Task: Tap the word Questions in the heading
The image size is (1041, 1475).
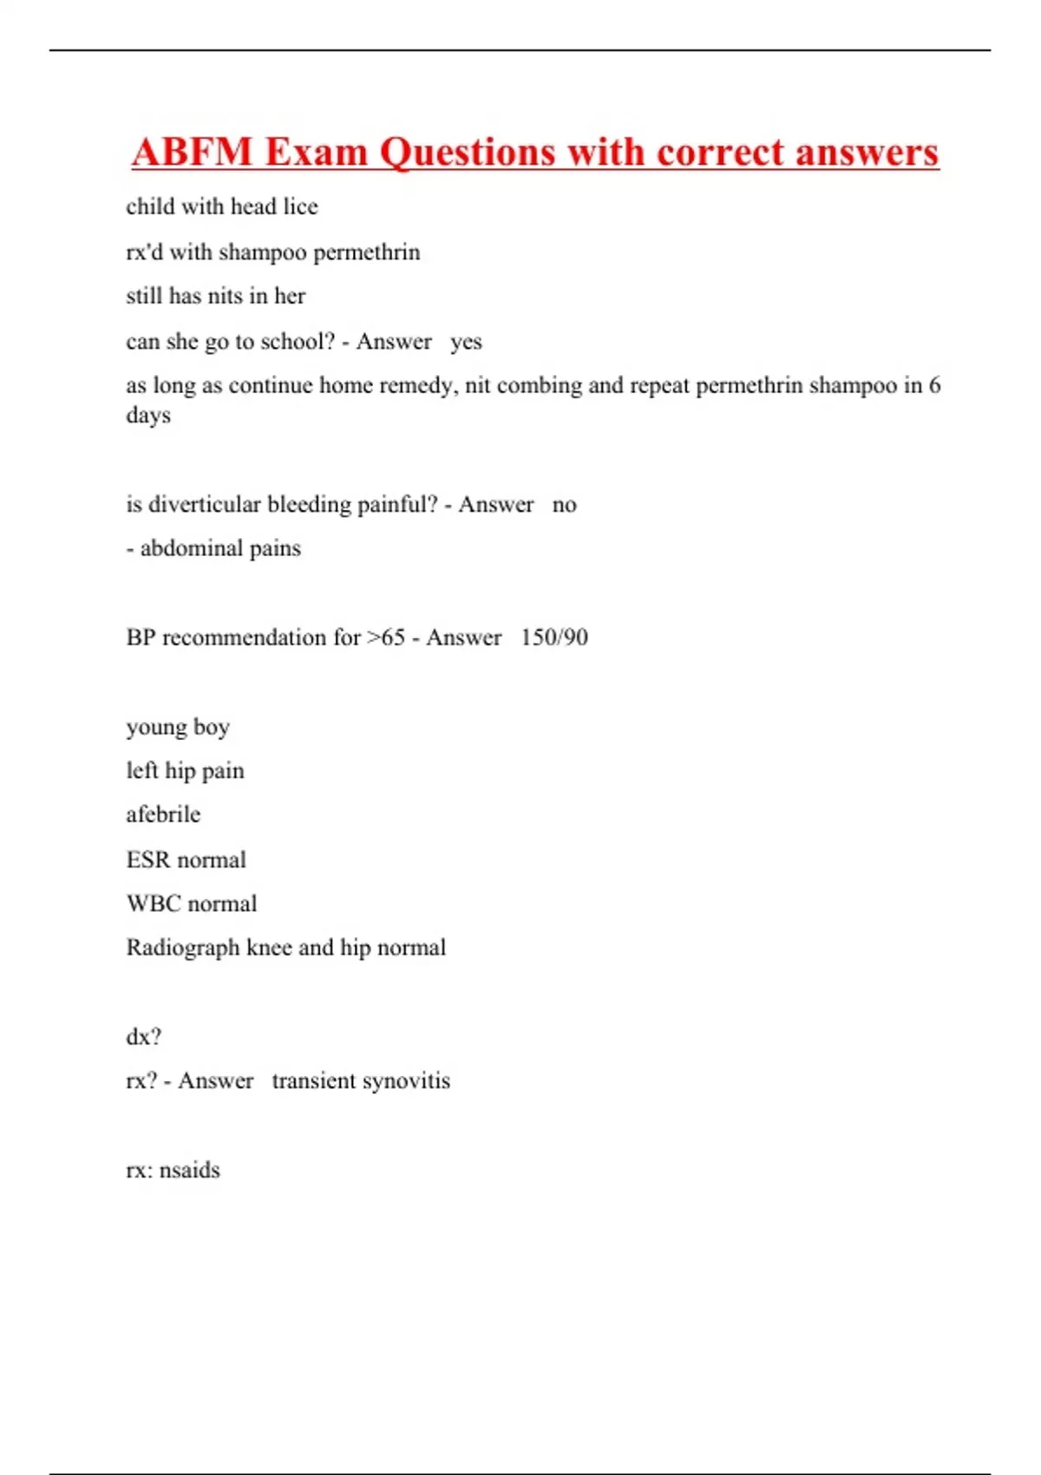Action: click(467, 153)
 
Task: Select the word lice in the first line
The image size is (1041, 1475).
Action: click(300, 206)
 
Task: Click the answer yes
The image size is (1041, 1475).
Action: click(466, 342)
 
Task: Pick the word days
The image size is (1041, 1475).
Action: click(148, 416)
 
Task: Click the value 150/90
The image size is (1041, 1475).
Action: click(553, 638)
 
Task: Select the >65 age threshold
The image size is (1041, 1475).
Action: click(386, 638)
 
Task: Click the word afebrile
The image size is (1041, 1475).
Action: click(163, 815)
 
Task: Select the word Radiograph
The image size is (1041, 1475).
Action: click(183, 948)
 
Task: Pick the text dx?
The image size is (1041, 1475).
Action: click(143, 1037)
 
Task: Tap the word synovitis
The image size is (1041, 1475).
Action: click(406, 1081)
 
